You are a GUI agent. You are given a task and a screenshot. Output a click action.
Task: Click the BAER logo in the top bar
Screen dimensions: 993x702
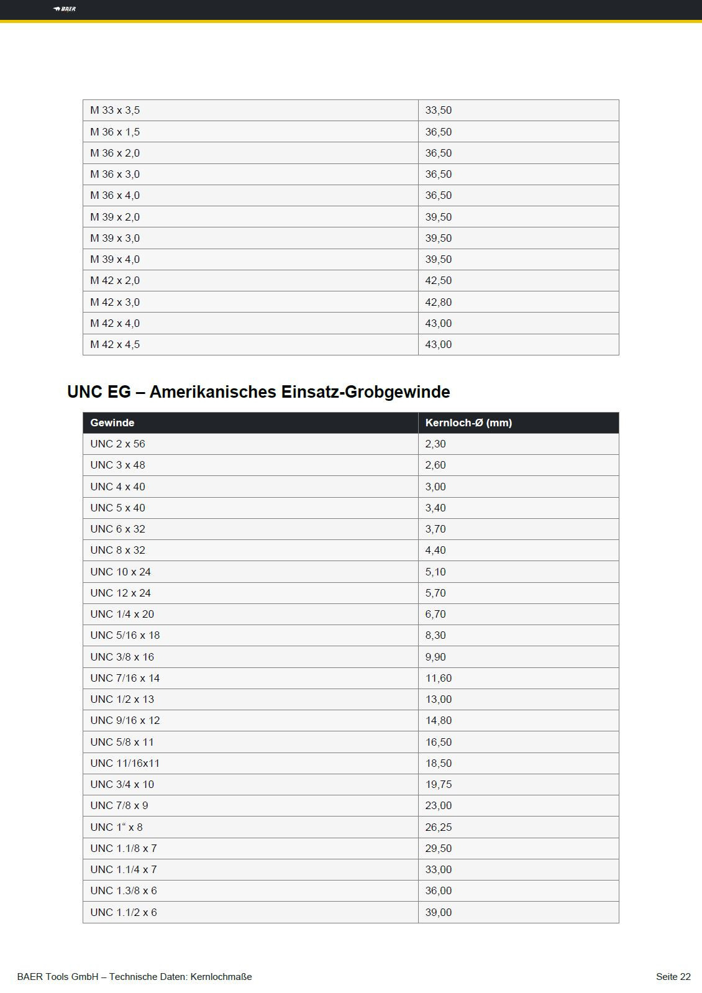(65, 9)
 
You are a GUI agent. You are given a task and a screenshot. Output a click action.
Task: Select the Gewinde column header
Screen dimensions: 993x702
(112, 423)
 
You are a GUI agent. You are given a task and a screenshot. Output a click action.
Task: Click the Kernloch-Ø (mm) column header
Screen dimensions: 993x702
(468, 423)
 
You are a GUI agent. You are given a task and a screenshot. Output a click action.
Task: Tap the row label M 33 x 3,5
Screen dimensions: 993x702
(115, 110)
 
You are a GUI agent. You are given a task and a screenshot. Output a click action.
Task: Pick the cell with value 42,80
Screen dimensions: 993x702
(439, 302)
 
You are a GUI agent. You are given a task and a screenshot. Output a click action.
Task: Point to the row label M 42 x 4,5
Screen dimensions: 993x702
(115, 344)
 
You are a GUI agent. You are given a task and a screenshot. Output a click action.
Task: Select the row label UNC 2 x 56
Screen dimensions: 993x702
(117, 444)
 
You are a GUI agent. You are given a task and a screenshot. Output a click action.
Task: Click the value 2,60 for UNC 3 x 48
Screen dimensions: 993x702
(435, 465)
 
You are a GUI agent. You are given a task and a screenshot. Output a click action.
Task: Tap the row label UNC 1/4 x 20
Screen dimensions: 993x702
(122, 614)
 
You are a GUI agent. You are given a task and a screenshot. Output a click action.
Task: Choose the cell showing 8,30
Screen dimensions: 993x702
(435, 635)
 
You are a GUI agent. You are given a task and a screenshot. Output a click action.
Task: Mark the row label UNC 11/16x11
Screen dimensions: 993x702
(125, 763)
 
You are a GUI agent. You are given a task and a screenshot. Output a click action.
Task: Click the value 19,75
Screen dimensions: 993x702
(439, 784)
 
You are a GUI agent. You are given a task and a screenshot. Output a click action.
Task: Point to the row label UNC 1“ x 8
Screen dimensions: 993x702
(116, 827)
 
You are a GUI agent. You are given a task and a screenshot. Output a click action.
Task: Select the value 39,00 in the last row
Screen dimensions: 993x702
(439, 912)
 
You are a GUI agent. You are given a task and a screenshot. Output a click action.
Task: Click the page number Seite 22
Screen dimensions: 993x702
(673, 977)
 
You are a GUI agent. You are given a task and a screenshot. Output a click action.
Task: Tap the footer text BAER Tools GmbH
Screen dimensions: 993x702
(58, 977)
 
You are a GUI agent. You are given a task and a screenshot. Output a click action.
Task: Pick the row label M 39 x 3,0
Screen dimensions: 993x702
(115, 238)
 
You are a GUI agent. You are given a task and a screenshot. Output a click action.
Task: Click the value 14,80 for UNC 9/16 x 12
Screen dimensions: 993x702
(439, 720)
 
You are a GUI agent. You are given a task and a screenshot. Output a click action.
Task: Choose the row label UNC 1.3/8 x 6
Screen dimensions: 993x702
(124, 890)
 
